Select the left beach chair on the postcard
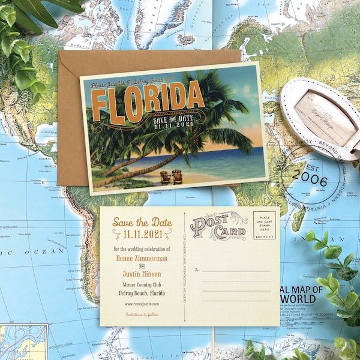(x=164, y=176)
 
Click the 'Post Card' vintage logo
(x=218, y=227)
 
